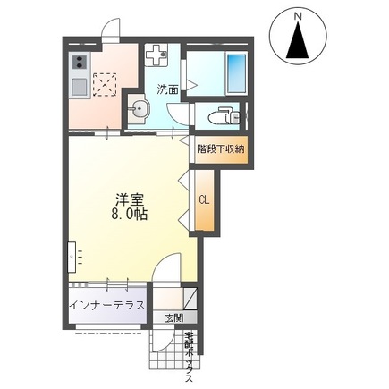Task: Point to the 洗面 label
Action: [167, 89]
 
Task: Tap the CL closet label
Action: [203, 199]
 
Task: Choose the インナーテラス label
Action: [106, 304]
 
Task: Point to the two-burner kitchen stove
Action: [78, 63]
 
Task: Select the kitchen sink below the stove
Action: [78, 88]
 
